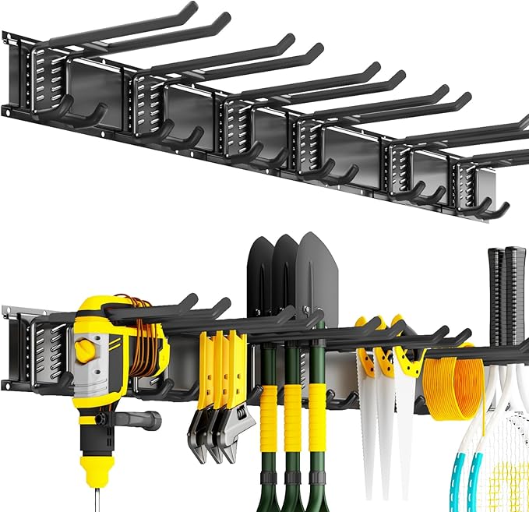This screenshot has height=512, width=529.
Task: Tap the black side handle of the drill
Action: [x=140, y=420]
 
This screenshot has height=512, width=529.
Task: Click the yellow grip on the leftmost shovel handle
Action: [x=270, y=409]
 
